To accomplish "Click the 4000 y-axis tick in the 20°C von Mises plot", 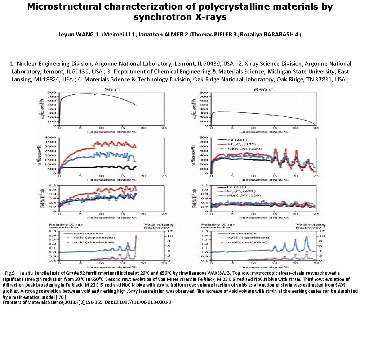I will (x=52, y=137).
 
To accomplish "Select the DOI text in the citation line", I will (x=137, y=302).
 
